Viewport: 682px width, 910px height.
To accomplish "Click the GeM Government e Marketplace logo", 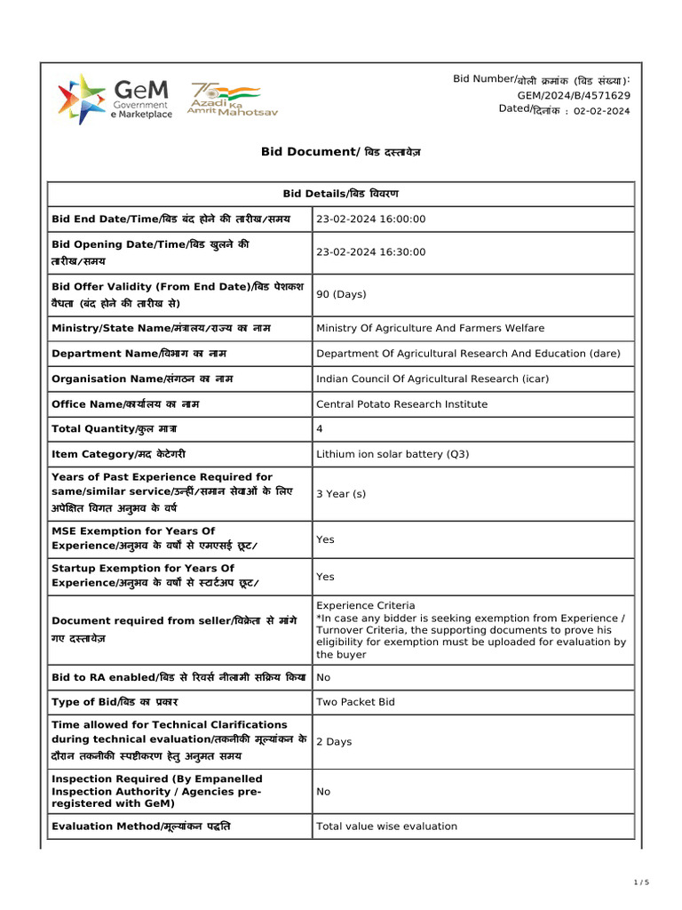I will [x=115, y=99].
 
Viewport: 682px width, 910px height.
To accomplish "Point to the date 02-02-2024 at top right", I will [x=601, y=110].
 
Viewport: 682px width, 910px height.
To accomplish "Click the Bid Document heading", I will [x=340, y=152].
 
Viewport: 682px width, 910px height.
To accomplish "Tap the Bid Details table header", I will [x=340, y=194].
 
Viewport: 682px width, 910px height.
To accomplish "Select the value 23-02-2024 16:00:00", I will [x=371, y=220].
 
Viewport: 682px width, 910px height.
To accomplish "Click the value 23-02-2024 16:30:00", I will [x=371, y=252].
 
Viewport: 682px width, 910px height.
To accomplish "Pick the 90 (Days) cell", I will [x=341, y=294].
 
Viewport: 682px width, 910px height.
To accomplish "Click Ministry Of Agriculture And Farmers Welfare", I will [x=431, y=329].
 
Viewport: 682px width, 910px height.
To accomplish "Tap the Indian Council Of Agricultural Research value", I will [x=432, y=379].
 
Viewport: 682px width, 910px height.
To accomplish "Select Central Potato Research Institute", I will [x=401, y=404].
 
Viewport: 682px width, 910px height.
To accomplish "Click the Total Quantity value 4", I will [x=320, y=429].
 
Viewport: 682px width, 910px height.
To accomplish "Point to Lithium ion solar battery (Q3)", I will [x=393, y=454].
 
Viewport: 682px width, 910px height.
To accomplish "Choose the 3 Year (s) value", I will [x=341, y=493].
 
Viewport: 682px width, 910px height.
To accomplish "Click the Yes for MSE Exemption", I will [x=325, y=539].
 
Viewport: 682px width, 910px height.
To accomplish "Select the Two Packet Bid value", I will [x=355, y=702].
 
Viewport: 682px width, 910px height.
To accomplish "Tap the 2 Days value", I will [x=334, y=741].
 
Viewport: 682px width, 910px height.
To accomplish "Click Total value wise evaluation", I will [x=386, y=826].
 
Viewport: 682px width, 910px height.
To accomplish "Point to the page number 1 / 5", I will [x=642, y=882].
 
